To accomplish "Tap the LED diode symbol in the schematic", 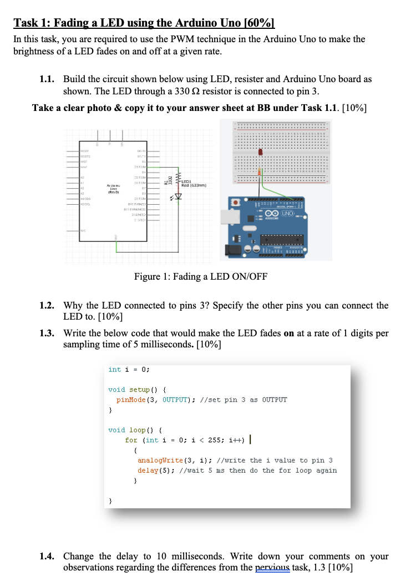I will point(178,196).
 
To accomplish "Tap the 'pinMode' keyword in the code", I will point(131,400).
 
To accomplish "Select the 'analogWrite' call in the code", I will point(158,461).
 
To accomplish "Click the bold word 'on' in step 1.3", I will point(288,334).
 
